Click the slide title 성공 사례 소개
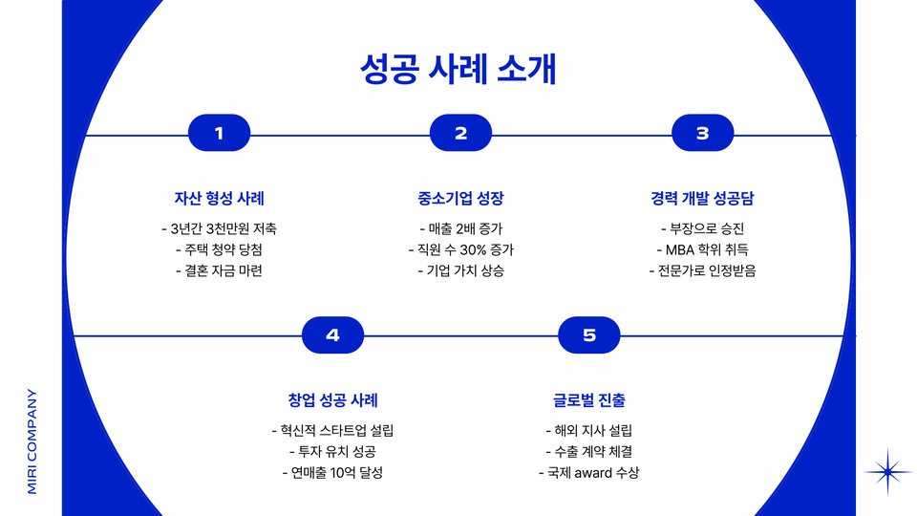(458, 70)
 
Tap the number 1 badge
(219, 134)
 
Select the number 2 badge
(460, 134)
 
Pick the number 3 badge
(702, 134)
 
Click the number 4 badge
(332, 334)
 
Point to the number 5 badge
(588, 334)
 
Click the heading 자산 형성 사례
(219, 199)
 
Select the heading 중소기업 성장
(460, 199)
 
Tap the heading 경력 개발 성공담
(702, 199)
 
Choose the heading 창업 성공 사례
(332, 399)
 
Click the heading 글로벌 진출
(588, 399)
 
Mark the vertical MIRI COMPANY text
(32, 441)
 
